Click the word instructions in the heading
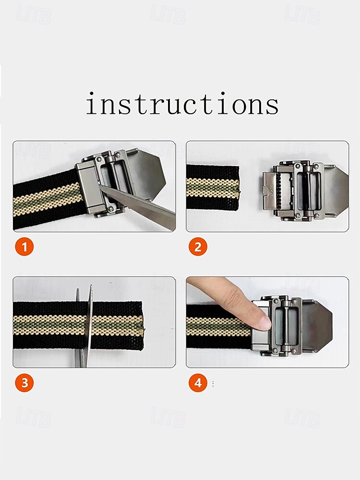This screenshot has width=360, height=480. [x=182, y=104]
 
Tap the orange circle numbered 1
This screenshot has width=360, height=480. [x=24, y=247]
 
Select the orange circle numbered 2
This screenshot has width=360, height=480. [x=198, y=247]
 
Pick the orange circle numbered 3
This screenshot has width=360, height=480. [x=24, y=383]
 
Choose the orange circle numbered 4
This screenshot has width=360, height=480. [x=198, y=383]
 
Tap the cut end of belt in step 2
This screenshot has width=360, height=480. [x=238, y=188]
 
